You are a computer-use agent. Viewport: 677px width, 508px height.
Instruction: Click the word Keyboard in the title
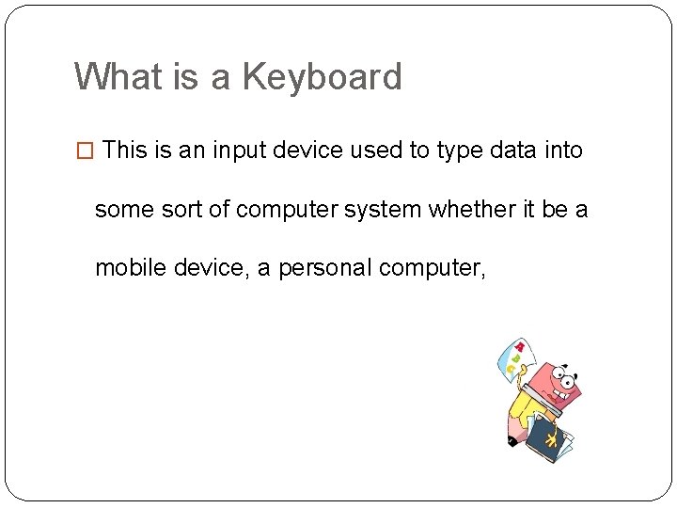point(323,77)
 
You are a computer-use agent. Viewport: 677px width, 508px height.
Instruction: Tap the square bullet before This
point(85,151)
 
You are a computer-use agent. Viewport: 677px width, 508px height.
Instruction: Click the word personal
point(324,267)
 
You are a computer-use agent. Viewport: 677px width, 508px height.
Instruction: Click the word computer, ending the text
point(433,268)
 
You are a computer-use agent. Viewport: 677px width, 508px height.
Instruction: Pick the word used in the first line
point(378,150)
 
